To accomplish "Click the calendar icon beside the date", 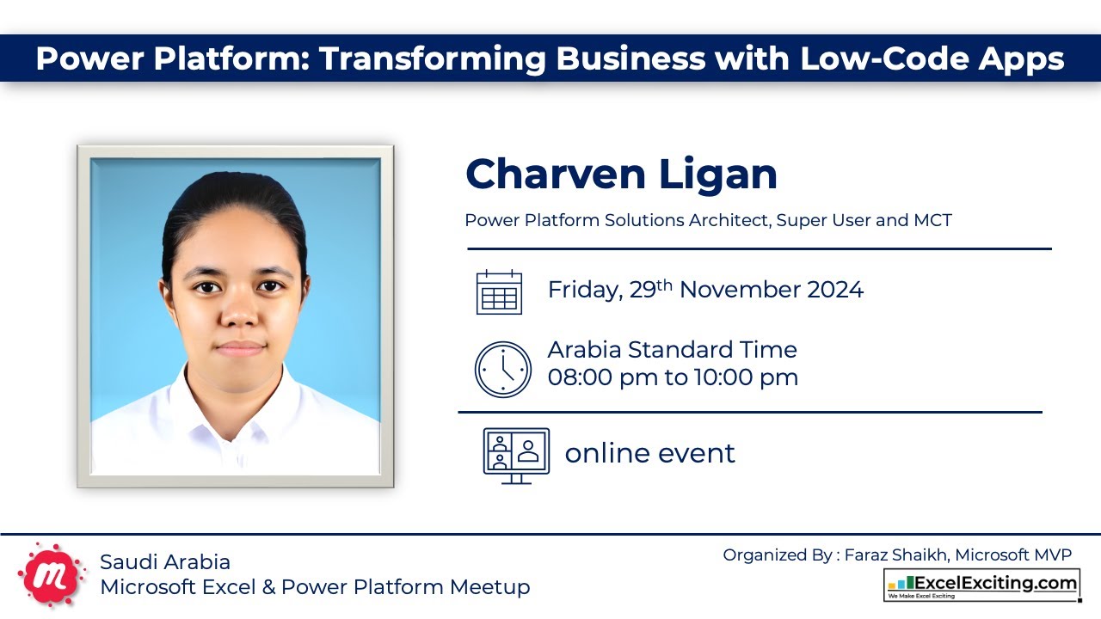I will pos(499,291).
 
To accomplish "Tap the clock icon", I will pos(503,370).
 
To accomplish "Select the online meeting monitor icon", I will pos(516,455).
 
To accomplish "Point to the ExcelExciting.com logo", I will pos(981,585).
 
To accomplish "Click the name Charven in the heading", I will pos(550,175).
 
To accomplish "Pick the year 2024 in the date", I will pos(834,290).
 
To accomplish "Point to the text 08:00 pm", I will pos(602,377).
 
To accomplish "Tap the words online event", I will pos(649,453).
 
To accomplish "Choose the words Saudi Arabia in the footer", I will pos(165,562).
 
